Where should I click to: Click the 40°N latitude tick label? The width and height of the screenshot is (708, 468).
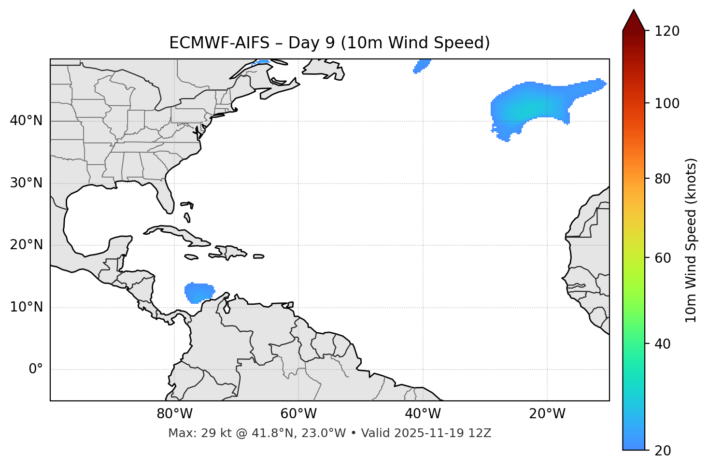pos(26,121)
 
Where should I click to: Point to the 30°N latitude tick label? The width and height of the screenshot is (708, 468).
pos(26,183)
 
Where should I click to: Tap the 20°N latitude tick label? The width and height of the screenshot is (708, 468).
pos(26,245)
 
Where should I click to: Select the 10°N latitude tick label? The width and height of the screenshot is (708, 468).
pos(26,307)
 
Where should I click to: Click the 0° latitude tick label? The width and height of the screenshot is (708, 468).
pos(35,369)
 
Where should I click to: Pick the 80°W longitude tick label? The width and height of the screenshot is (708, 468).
pos(174,414)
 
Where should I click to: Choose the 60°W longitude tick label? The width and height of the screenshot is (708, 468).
pos(298,414)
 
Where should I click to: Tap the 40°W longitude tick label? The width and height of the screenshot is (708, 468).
pos(423,414)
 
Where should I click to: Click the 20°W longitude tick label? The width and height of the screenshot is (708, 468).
pos(547,414)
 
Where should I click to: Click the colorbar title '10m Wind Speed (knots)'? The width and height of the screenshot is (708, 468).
pos(691,240)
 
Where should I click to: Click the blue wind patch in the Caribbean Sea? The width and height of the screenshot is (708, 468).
pos(199,293)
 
